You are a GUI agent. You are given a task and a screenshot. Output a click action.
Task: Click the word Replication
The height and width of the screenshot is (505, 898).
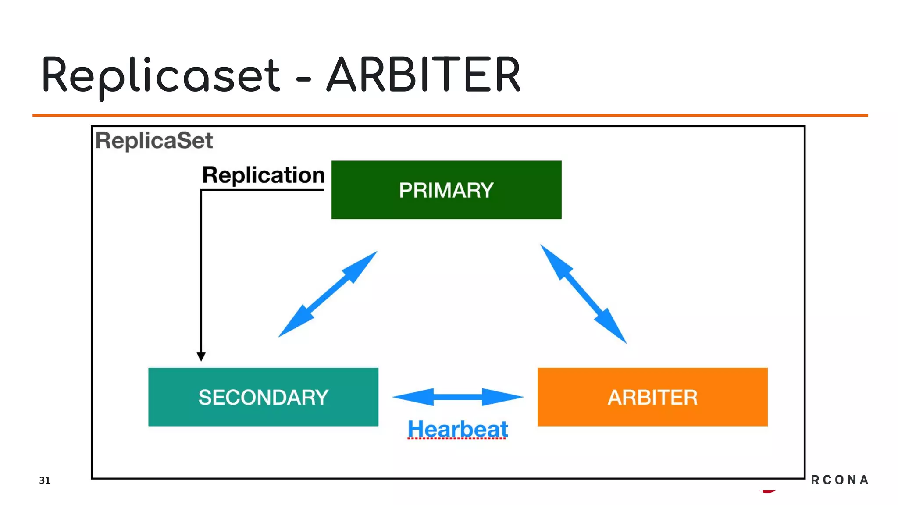pos(263,175)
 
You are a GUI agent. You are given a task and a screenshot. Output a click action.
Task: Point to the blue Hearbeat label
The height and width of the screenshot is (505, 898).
pos(457,429)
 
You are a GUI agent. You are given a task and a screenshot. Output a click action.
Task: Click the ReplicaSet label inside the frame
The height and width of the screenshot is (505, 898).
pos(154,141)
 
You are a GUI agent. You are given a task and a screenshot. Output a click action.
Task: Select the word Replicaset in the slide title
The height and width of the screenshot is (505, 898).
pos(160,75)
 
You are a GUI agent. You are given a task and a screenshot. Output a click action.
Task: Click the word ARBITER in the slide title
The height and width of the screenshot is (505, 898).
pos(424,75)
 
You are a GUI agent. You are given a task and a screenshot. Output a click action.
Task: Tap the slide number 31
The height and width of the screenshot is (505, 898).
pos(45,480)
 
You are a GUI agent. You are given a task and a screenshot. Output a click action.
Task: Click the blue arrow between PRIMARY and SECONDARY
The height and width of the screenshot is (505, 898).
pos(328,294)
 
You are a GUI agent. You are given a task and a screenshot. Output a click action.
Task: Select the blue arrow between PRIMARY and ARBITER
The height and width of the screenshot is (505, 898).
pos(583,294)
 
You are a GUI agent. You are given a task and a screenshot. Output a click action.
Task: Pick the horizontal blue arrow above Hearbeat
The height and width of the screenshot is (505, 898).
pos(457,397)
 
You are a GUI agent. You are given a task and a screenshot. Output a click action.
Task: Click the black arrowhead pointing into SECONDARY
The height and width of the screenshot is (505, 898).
pos(201,356)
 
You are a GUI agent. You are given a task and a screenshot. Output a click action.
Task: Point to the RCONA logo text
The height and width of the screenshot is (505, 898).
pos(839,480)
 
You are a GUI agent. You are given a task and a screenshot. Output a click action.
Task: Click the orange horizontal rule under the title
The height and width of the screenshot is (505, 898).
pos(450,115)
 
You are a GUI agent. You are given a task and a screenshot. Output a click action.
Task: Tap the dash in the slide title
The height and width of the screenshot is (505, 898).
pos(303,80)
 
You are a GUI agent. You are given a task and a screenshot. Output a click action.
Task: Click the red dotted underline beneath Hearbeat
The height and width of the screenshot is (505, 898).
pos(457,438)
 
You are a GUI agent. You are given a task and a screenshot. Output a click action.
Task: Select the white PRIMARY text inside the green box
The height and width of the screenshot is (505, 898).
pos(446,190)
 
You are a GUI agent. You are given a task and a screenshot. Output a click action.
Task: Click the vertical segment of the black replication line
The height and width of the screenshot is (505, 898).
pos(201,272)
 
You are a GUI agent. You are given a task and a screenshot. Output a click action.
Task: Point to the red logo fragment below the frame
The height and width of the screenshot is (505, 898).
pos(768,491)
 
